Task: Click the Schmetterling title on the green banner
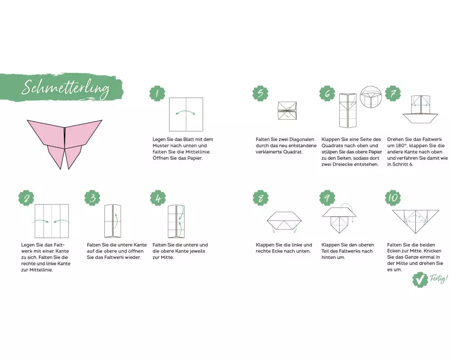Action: point(65,87)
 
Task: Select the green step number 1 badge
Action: point(157,93)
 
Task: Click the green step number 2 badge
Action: point(27,198)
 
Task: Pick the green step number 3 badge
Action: point(92,198)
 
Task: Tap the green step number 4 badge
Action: point(158,198)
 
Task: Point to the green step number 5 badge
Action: point(260,93)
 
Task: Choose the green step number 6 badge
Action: point(327,93)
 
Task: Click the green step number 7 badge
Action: point(393,93)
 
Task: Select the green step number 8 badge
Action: point(261,198)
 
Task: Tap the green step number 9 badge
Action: point(327,198)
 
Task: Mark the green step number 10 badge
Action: point(393,198)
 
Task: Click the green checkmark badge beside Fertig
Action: point(420,279)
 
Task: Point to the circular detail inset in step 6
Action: point(371,97)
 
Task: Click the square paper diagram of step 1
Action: point(186,114)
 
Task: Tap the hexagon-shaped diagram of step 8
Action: point(284,220)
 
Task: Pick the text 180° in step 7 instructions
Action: point(400,145)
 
